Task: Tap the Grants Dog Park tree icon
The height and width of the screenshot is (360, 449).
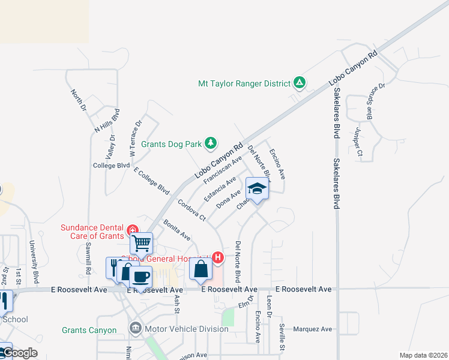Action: [210, 143]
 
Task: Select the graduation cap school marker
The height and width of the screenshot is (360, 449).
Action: [257, 189]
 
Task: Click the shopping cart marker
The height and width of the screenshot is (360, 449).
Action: [142, 244]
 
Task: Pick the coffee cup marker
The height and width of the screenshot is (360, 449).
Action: [140, 277]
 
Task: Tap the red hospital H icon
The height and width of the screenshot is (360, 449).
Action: [218, 258]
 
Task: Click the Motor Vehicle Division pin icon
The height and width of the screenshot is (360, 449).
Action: [136, 328]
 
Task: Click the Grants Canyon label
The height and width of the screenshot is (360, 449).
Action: [89, 331]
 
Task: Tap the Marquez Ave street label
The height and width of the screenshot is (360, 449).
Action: [313, 329]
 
